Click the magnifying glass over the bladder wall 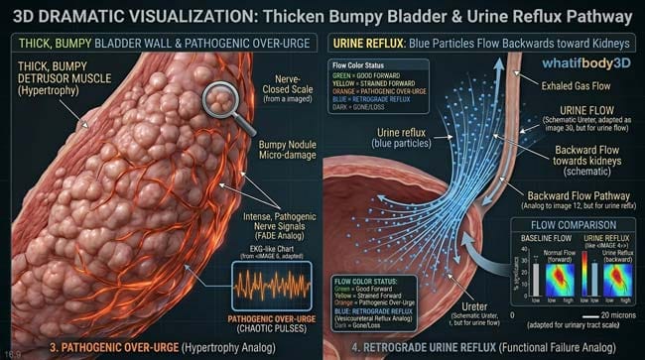221,102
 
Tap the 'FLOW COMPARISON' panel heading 573,223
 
